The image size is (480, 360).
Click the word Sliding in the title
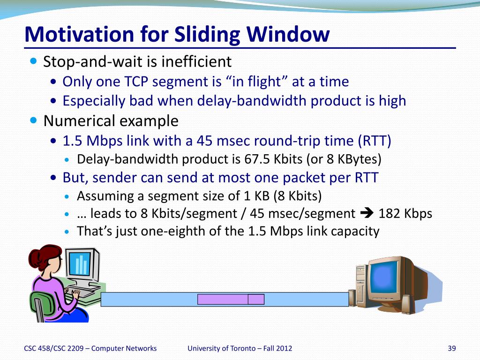[x=207, y=34]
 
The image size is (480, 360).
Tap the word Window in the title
[x=288, y=34]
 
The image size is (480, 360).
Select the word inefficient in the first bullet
[x=196, y=61]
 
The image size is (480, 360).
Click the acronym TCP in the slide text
[x=136, y=82]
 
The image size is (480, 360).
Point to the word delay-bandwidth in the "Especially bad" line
[x=252, y=101]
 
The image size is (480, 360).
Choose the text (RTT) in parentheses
[x=375, y=141]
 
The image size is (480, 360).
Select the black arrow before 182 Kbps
[x=367, y=213]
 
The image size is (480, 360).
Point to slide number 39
[x=452, y=348]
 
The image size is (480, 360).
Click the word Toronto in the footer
[x=243, y=348]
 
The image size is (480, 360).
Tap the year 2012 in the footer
[x=284, y=348]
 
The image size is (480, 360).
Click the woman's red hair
[x=41, y=257]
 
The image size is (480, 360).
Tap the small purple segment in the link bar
[x=256, y=300]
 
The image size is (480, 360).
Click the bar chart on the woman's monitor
[x=81, y=264]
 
